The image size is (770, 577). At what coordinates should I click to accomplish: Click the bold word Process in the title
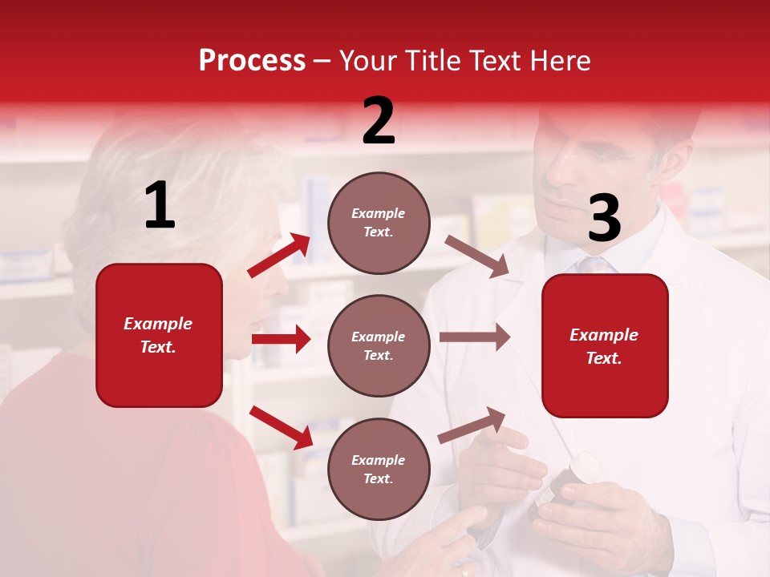252,60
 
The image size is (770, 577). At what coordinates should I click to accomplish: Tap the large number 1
160,205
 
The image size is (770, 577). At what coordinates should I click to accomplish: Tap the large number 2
379,121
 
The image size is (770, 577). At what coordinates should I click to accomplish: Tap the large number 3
604,219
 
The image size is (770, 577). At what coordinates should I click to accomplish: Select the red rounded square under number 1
159,335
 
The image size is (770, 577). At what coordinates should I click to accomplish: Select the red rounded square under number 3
605,345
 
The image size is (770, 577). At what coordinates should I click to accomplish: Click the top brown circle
379,222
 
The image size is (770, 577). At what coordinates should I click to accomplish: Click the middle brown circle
379,345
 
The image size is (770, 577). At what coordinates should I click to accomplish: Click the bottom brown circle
379,469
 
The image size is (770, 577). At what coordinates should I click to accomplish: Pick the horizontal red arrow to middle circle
281,339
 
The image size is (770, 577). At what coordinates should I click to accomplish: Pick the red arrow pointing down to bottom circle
282,427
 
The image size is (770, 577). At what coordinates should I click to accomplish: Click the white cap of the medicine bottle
584,467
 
